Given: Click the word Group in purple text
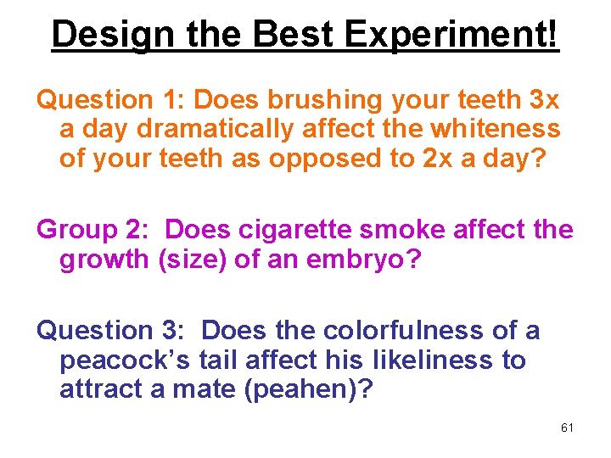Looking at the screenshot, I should pos(76,230).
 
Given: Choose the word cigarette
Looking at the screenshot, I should pos(309,230).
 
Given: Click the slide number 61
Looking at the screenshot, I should pos(567,427).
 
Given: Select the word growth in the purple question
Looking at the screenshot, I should pos(105,259).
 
